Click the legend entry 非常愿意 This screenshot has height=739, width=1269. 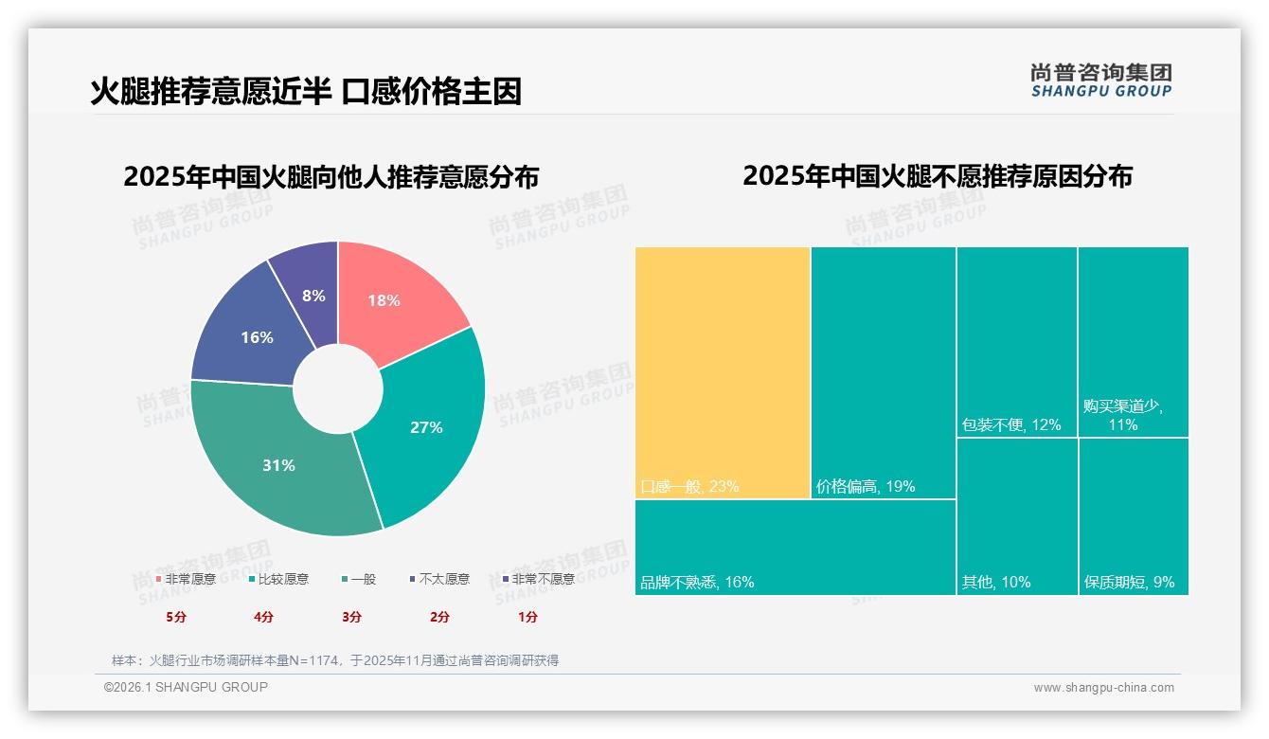(186, 579)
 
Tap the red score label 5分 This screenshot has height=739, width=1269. (176, 617)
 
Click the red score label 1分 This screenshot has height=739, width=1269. (527, 617)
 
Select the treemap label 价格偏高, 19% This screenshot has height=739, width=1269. (865, 487)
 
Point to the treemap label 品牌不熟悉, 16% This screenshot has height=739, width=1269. (697, 582)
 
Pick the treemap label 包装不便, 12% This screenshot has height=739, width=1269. (1011, 425)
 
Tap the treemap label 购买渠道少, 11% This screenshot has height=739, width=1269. (1123, 415)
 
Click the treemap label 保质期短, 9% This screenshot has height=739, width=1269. (1129, 582)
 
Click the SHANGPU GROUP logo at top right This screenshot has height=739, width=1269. (1100, 81)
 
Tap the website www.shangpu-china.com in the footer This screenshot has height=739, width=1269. (1103, 688)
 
